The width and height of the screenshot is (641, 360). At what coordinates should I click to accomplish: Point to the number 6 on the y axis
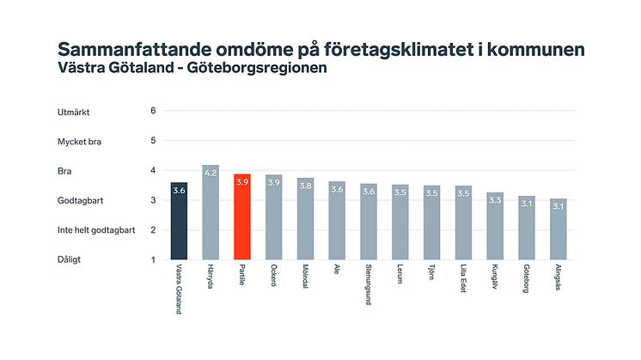(x=153, y=111)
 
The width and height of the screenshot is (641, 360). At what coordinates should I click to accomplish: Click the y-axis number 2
(x=153, y=229)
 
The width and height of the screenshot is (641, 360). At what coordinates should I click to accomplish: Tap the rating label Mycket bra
(x=79, y=141)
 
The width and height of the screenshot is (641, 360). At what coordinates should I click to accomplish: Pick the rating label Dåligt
(x=70, y=259)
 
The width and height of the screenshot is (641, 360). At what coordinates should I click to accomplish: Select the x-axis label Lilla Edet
(x=464, y=280)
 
